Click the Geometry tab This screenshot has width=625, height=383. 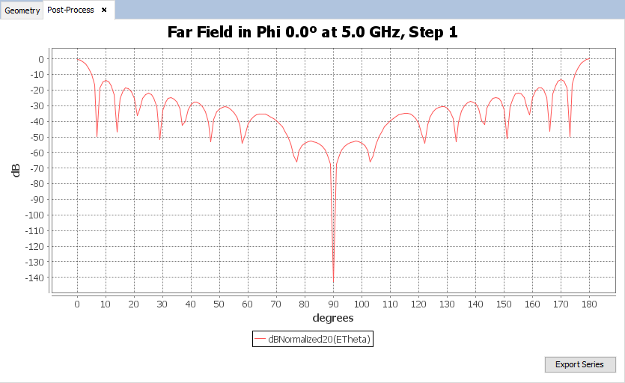(x=22, y=10)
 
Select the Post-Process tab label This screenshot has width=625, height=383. (x=70, y=10)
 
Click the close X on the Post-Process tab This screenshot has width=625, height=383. (x=104, y=10)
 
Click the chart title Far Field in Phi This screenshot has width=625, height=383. (x=312, y=32)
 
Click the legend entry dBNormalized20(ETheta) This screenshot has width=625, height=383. (x=313, y=339)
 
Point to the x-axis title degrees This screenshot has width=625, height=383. (x=332, y=318)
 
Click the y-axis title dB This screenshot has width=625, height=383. (x=16, y=170)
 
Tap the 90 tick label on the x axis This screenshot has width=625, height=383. (x=332, y=304)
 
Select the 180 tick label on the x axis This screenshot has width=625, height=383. (x=589, y=304)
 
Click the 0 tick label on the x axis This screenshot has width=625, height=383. (x=77, y=304)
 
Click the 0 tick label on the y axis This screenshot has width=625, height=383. (x=42, y=59)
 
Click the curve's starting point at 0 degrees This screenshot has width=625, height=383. (x=77, y=59)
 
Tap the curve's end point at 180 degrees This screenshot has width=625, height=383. (x=589, y=58)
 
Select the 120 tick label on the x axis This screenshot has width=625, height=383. (x=418, y=304)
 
